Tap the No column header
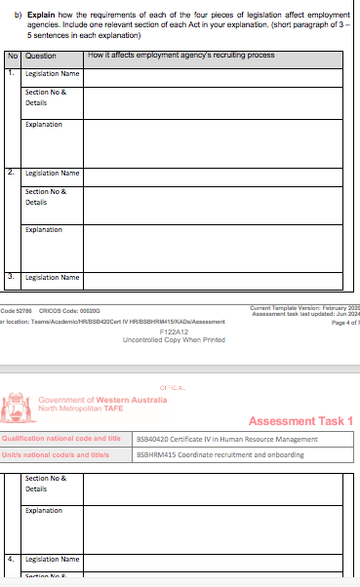[x=13, y=57]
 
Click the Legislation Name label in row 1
[x=52, y=73]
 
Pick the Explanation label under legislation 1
[x=44, y=125]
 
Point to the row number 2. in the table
[x=11, y=173]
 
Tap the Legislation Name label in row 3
[x=52, y=277]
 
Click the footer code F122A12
[x=173, y=331]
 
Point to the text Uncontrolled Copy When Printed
[x=173, y=339]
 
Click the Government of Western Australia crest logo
[x=19, y=404]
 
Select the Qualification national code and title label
[x=66, y=439]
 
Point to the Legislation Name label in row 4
[x=52, y=560]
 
